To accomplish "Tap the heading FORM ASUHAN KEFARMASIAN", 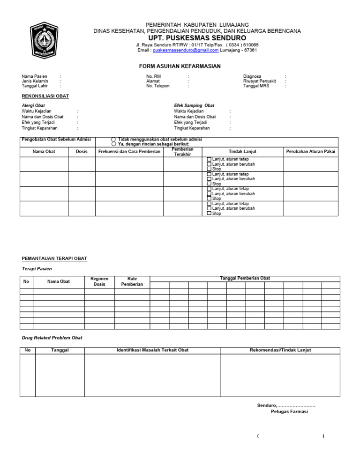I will [x=180, y=66].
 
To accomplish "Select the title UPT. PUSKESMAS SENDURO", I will [x=197, y=37].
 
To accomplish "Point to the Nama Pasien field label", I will [x=34, y=76].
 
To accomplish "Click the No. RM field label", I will [x=153, y=76].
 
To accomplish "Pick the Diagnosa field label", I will [x=252, y=76].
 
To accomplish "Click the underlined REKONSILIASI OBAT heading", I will [x=45, y=96].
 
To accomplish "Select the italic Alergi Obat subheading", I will [x=33, y=106].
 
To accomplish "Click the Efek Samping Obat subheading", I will [x=194, y=106].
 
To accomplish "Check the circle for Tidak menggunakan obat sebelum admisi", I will [x=113, y=140].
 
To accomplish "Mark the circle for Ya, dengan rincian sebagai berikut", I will [x=113, y=144].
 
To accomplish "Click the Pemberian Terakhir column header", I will [x=182, y=152].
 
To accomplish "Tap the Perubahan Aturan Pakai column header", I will [x=310, y=152].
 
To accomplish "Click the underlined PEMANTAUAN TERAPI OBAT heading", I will [x=54, y=259].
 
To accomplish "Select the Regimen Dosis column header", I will [x=99, y=281].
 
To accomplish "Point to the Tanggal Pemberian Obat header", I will [x=245, y=279].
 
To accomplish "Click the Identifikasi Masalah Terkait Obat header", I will [x=152, y=350].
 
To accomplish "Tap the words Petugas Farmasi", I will [x=289, y=412].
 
